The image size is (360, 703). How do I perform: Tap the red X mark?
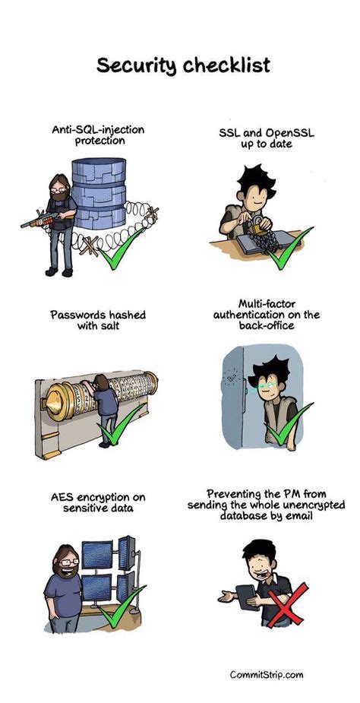(x=286, y=605)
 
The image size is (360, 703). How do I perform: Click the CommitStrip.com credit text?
(x=266, y=674)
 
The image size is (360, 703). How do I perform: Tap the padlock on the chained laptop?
(x=260, y=226)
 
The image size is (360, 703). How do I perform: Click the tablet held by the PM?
(x=245, y=597)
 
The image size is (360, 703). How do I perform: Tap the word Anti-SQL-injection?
(x=99, y=129)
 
